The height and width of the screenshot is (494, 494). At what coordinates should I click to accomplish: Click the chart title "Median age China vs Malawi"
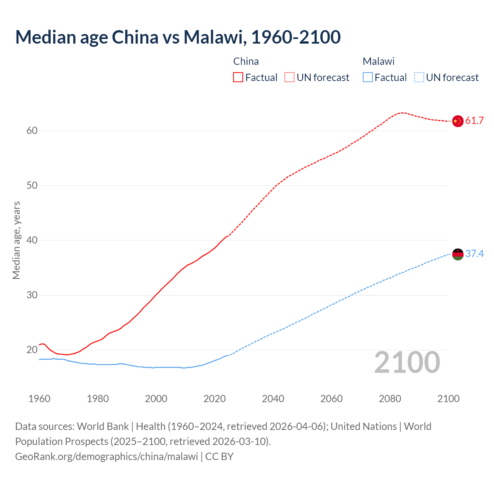(x=178, y=37)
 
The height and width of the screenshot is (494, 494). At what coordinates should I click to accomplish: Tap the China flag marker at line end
(x=457, y=121)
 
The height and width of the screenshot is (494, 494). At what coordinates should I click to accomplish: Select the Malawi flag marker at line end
(x=457, y=254)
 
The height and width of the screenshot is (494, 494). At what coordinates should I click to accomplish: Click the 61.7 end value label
(x=474, y=121)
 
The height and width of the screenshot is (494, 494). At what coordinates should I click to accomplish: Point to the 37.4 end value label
(x=474, y=254)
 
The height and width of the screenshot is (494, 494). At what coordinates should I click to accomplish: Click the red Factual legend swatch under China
(x=238, y=78)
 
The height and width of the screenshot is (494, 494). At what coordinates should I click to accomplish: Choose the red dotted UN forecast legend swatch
(x=289, y=78)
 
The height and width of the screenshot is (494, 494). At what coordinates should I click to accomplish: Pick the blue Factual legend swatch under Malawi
(x=368, y=78)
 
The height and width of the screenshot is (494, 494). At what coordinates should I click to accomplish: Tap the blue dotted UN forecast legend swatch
(x=419, y=78)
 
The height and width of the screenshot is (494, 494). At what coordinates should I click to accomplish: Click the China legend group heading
(x=246, y=61)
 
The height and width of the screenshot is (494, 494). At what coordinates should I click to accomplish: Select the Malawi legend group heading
(x=378, y=61)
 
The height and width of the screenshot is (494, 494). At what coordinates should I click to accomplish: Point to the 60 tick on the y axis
(x=32, y=131)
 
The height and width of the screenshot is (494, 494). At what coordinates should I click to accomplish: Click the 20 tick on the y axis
(x=32, y=350)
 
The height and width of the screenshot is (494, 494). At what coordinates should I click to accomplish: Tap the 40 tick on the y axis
(x=32, y=240)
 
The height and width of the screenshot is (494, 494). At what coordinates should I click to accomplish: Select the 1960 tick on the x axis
(x=39, y=399)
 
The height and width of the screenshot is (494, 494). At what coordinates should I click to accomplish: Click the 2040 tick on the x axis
(x=273, y=399)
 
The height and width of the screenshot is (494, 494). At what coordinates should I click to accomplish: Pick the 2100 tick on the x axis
(x=448, y=399)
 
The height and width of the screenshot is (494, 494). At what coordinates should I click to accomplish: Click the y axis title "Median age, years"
(x=16, y=240)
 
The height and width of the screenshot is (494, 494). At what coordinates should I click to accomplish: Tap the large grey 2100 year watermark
(x=407, y=362)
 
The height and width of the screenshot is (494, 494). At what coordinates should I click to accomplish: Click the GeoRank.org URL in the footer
(x=107, y=457)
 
